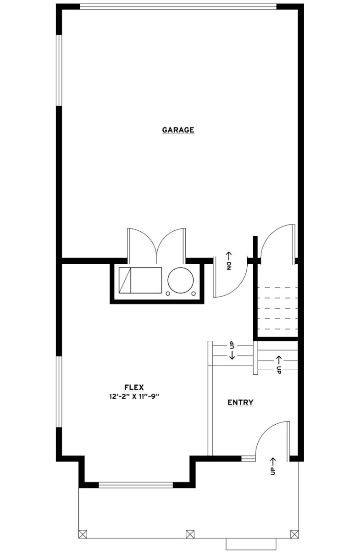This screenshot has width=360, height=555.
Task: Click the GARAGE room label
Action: [x=178, y=130]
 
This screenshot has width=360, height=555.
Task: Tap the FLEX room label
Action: [x=134, y=387]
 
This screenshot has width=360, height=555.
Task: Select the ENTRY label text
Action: [x=240, y=402]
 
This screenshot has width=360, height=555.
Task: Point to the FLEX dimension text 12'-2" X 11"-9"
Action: [x=134, y=396]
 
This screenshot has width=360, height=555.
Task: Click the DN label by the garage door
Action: [x=229, y=266]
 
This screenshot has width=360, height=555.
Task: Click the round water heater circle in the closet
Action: [x=180, y=280]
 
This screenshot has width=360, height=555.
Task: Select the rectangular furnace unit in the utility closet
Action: [x=140, y=280]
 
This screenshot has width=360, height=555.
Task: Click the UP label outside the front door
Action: [x=273, y=471]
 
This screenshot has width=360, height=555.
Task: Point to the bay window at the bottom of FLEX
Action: [x=136, y=485]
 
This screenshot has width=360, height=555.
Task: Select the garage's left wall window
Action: [x=59, y=70]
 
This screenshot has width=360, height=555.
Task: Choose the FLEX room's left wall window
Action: [x=59, y=392]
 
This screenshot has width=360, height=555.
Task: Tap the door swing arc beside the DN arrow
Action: [x=238, y=288]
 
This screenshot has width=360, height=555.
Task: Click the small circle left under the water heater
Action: [x=168, y=294]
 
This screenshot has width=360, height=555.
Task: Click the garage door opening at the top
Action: [x=178, y=7]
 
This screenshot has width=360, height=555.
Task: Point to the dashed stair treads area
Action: [x=277, y=308]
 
